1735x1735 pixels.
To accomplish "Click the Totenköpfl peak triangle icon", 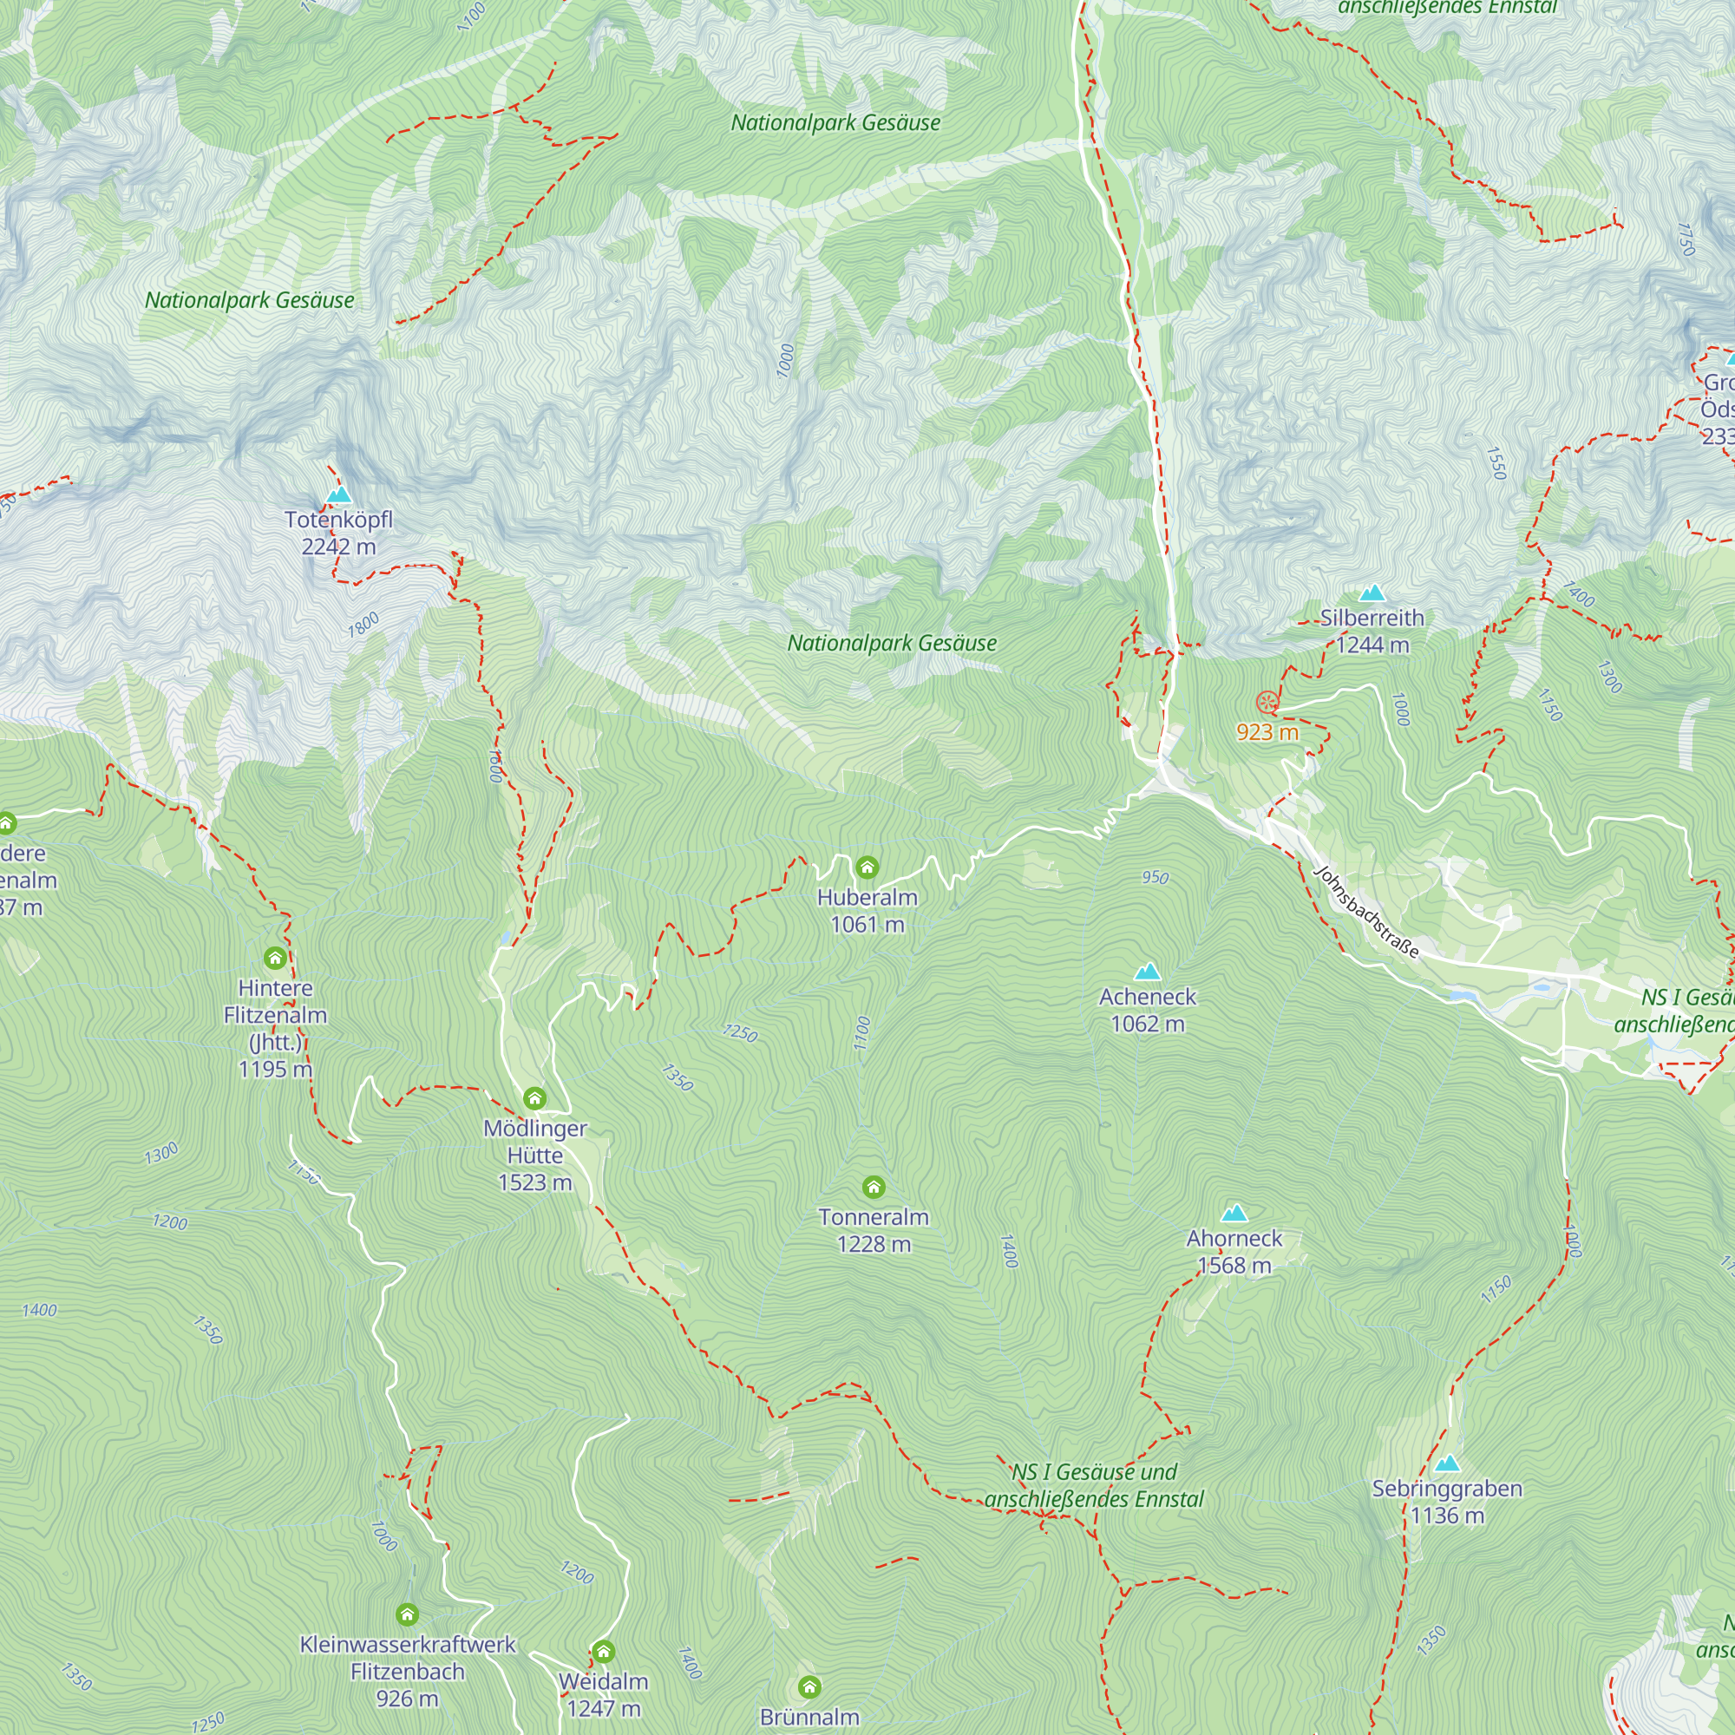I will pyautogui.click(x=338, y=494).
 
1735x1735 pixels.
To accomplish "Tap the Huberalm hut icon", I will pyautogui.click(x=867, y=867).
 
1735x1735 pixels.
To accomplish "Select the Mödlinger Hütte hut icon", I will pyautogui.click(x=534, y=1098).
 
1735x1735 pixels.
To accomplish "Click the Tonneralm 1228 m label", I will pyautogui.click(x=873, y=1230).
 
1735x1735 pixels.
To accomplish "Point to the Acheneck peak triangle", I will pyautogui.click(x=1148, y=972).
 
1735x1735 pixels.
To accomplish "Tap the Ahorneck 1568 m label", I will pyautogui.click(x=1234, y=1252).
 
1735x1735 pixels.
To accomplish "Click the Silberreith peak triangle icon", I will pyautogui.click(x=1372, y=593).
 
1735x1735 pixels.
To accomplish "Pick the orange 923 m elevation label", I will pyautogui.click(x=1267, y=732).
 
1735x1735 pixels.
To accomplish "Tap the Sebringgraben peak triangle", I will pyautogui.click(x=1447, y=1463).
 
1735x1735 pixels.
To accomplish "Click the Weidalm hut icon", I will pyautogui.click(x=603, y=1652).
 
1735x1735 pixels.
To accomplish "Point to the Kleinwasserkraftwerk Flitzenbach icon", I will pyautogui.click(x=407, y=1614).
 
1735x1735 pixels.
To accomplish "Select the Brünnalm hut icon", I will pyautogui.click(x=809, y=1686).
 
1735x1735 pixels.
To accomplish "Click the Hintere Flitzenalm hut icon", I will pyautogui.click(x=275, y=959).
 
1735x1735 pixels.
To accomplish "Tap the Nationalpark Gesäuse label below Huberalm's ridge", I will pyautogui.click(x=892, y=643).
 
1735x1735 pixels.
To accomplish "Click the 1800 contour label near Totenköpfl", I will pyautogui.click(x=363, y=625).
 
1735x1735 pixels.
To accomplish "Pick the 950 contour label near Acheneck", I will pyautogui.click(x=1155, y=877).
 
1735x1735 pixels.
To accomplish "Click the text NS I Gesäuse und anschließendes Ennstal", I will pyautogui.click(x=1093, y=1485).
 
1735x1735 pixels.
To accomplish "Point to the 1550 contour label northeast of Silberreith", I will pyautogui.click(x=1495, y=463).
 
